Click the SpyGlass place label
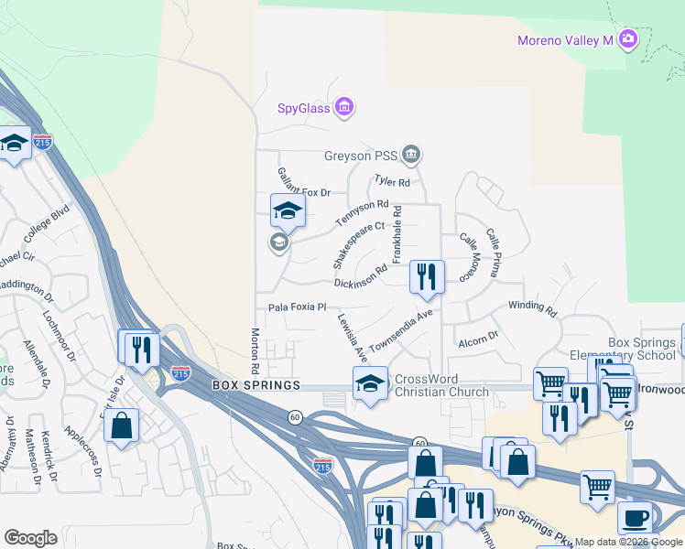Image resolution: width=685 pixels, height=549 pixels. tap(303, 109)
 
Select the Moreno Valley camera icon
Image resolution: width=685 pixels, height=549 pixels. tap(628, 38)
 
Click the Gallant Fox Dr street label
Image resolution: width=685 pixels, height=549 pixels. tap(303, 181)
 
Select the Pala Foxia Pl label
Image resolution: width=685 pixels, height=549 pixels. tap(297, 307)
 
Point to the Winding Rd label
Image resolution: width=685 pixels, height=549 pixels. tap(531, 308)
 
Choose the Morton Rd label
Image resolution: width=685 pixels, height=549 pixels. tap(256, 351)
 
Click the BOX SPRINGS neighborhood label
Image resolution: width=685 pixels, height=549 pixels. tap(256, 385)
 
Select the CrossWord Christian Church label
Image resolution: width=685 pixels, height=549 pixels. tap(441, 385)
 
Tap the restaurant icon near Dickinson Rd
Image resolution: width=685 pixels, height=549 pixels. tap(426, 276)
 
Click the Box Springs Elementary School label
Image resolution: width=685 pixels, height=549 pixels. tap(629, 349)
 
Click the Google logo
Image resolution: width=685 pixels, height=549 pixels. tap(30, 537)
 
